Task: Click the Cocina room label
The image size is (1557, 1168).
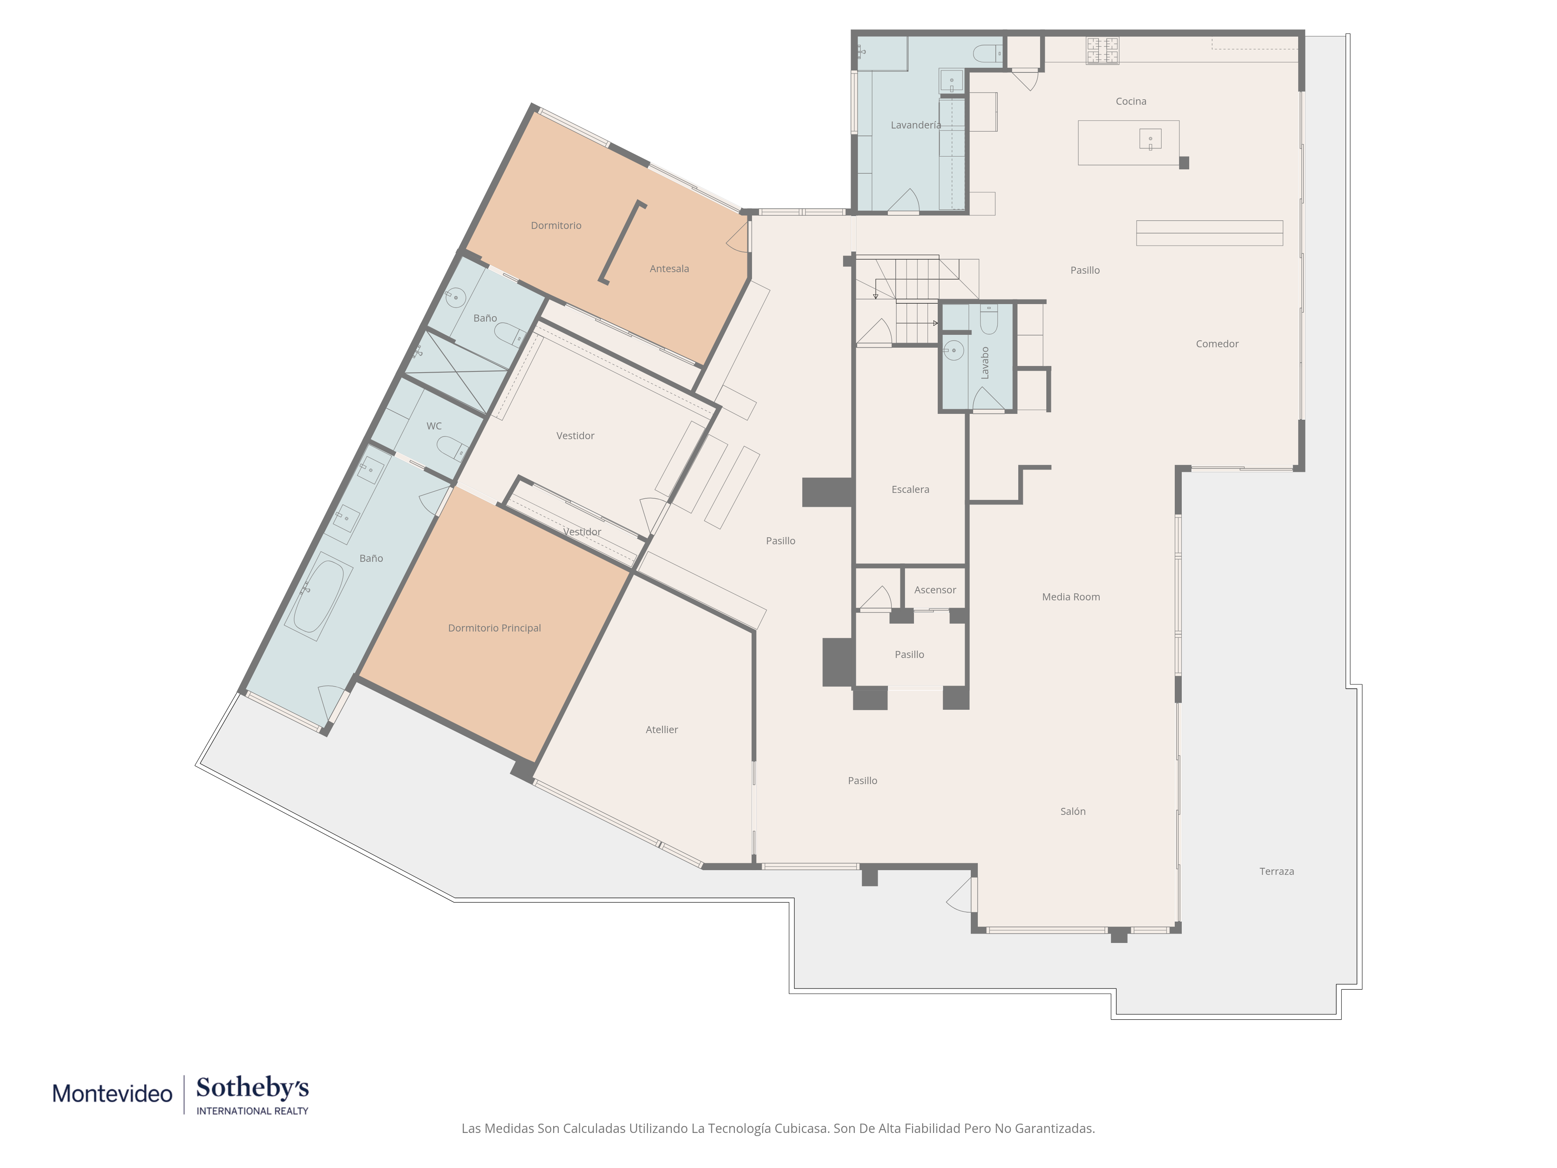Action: click(x=1130, y=101)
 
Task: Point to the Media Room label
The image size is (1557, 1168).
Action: click(x=1070, y=597)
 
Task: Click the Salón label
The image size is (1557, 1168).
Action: click(x=1073, y=811)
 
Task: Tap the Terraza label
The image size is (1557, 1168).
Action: click(x=1276, y=871)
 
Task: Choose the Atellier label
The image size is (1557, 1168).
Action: click(x=662, y=729)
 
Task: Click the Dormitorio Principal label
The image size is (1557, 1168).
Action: click(x=494, y=628)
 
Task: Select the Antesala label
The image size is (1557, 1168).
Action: click(x=669, y=268)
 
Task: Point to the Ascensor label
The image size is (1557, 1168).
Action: click(x=935, y=590)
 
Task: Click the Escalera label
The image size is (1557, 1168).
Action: click(x=910, y=489)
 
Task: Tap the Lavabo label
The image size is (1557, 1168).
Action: click(x=985, y=362)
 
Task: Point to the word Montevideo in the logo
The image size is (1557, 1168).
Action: click(x=112, y=1093)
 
